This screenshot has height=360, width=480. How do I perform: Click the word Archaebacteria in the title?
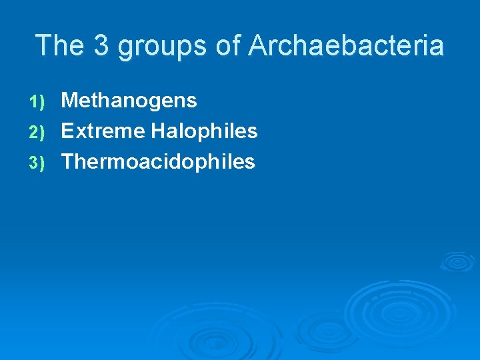[x=345, y=46]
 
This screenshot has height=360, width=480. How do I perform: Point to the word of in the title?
[x=229, y=46]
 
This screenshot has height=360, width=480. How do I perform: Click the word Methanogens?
[x=129, y=101]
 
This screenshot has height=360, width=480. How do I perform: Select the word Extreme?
[x=103, y=131]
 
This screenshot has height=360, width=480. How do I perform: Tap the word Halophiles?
[x=204, y=131]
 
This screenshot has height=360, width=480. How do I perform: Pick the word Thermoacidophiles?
[x=158, y=161]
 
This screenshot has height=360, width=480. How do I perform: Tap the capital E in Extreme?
[x=67, y=131]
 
